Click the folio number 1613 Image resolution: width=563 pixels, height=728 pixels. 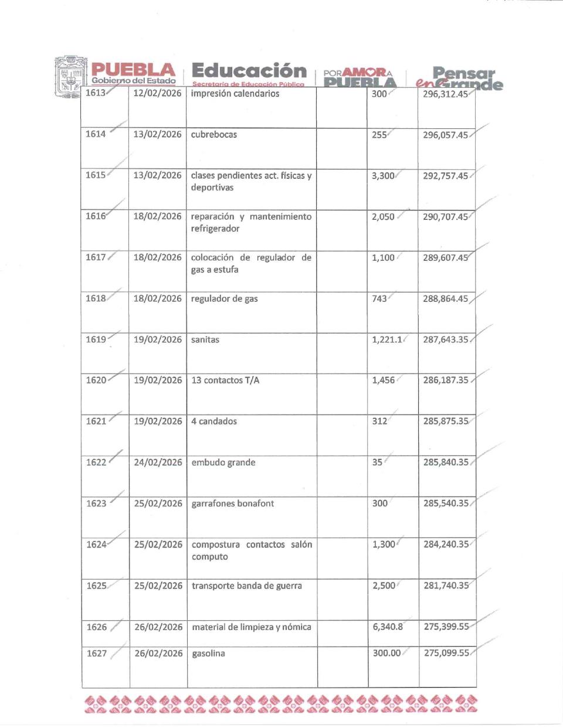(x=95, y=93)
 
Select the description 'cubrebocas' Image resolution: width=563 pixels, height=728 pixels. (x=214, y=134)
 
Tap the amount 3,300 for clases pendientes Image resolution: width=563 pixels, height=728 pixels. (x=383, y=175)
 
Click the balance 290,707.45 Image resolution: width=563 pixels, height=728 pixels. (x=445, y=216)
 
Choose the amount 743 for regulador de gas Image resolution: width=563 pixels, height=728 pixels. (x=379, y=298)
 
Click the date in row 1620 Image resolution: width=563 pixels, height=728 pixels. (x=158, y=380)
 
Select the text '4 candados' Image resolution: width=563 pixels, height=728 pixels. (x=214, y=421)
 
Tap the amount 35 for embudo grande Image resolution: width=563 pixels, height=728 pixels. (x=377, y=462)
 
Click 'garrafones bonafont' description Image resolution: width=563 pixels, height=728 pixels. (x=233, y=503)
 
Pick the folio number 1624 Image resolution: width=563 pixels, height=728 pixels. (x=96, y=544)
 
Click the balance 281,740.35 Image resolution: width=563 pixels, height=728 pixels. (x=446, y=585)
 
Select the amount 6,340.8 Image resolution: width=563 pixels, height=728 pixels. (x=388, y=627)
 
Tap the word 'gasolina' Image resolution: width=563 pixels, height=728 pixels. (x=209, y=653)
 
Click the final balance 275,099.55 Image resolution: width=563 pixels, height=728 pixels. (x=446, y=652)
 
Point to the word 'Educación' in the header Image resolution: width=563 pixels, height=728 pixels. (x=249, y=70)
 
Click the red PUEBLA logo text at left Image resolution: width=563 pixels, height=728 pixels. (x=133, y=70)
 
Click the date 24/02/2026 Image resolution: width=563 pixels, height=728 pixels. (x=158, y=462)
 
